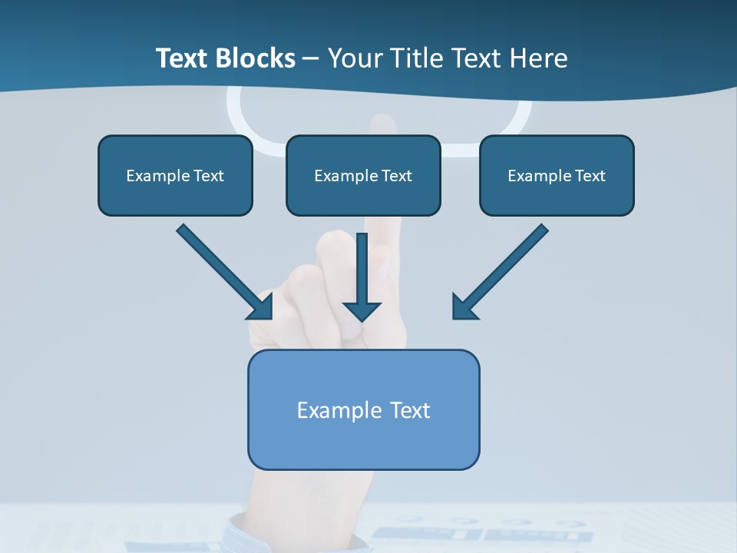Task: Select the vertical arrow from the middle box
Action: tap(362, 269)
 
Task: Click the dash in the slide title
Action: tap(311, 58)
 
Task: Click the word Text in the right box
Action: tap(590, 176)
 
